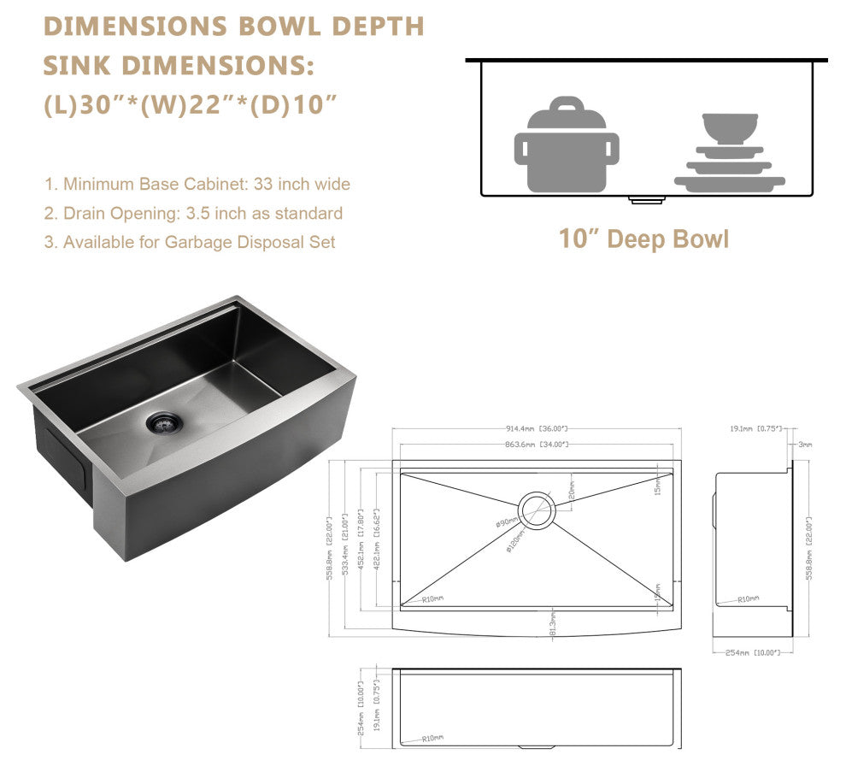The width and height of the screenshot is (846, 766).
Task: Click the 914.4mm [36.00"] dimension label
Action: coord(537,428)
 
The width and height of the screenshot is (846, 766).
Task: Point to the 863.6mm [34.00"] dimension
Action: coord(537,445)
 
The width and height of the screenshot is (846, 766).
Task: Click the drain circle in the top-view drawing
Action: coord(538,510)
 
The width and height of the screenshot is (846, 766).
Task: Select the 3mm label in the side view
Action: coord(805,445)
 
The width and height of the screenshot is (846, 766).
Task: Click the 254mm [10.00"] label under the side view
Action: coord(752,652)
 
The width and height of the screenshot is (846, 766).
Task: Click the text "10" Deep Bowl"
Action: coord(643,239)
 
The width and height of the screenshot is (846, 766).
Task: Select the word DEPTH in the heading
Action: coord(378,27)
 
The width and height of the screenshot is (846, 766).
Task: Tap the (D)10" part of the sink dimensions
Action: coord(297,105)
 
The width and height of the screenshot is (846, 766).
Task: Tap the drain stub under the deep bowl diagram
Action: coord(646,200)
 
